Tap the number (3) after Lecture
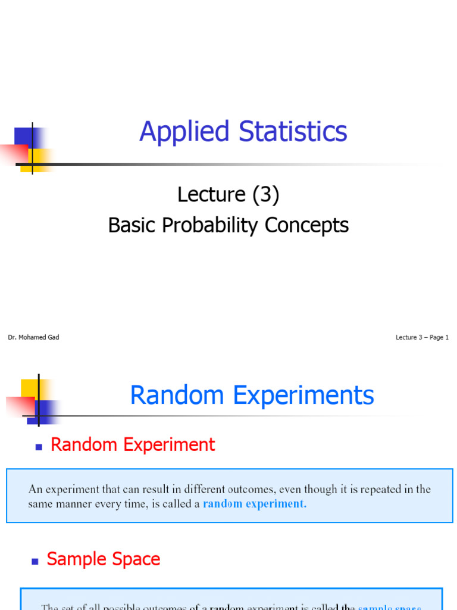(265, 194)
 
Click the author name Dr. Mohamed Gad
(33, 337)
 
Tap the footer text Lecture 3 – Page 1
(422, 337)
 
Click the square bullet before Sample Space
(35, 561)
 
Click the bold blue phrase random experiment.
(255, 504)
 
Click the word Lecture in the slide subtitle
(211, 194)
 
